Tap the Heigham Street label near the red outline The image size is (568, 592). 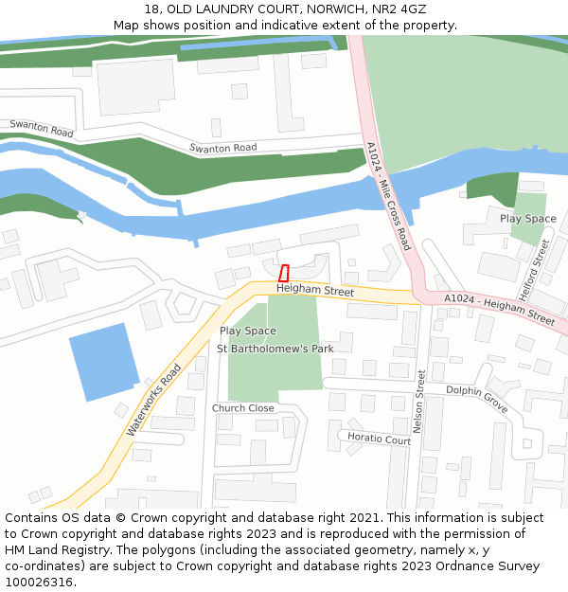point(315,291)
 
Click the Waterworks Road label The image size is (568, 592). point(153,401)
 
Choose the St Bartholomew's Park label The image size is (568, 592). point(275,349)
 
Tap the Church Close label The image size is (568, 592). point(243,408)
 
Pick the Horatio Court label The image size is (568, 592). point(379,439)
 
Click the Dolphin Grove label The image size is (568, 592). point(477,398)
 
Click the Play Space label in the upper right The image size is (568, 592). point(528,219)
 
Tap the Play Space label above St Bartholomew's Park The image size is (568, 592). point(248,331)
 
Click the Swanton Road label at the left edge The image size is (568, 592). point(42,129)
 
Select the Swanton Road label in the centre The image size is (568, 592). point(222,148)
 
